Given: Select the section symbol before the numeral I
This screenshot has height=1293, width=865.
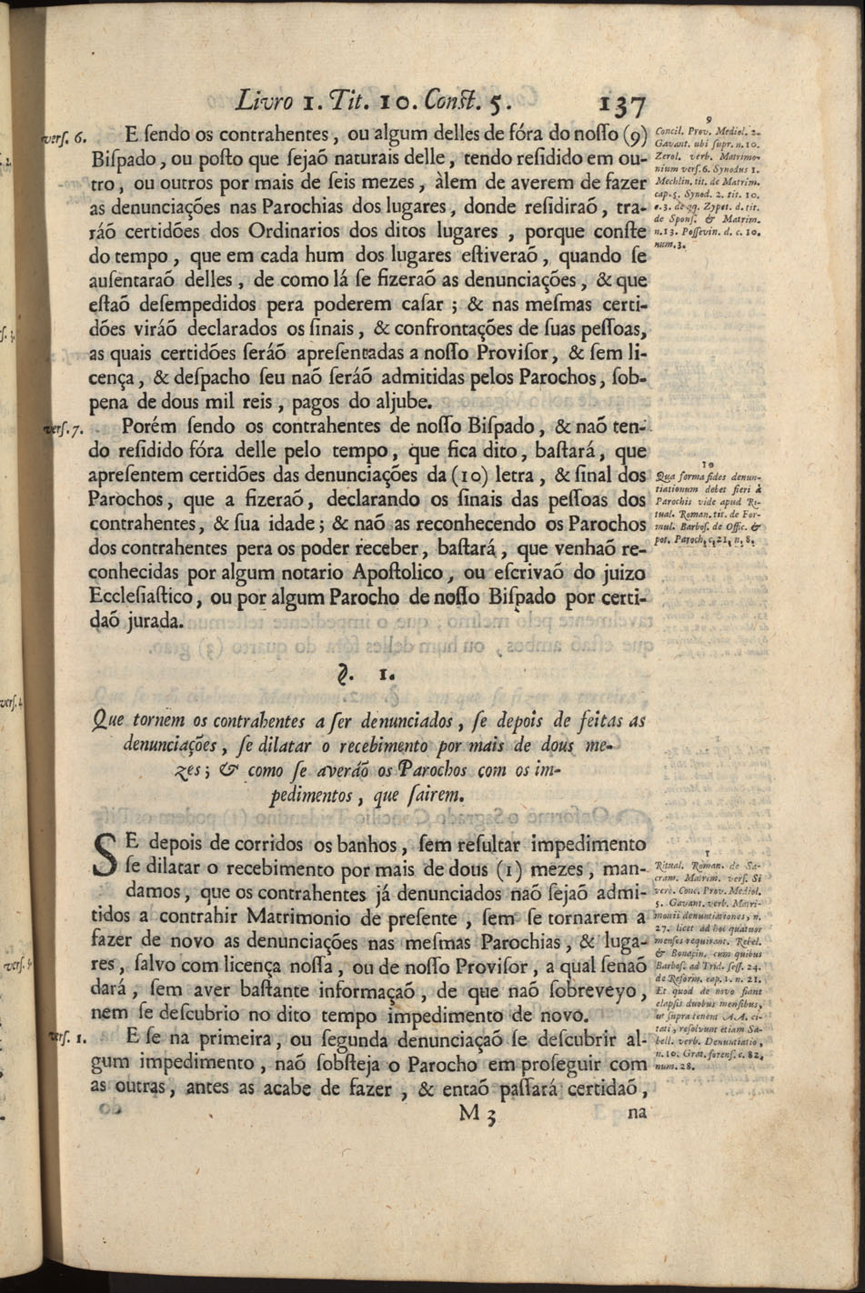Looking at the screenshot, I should click(343, 676).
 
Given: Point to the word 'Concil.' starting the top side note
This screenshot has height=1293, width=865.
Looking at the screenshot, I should click(669, 129).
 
